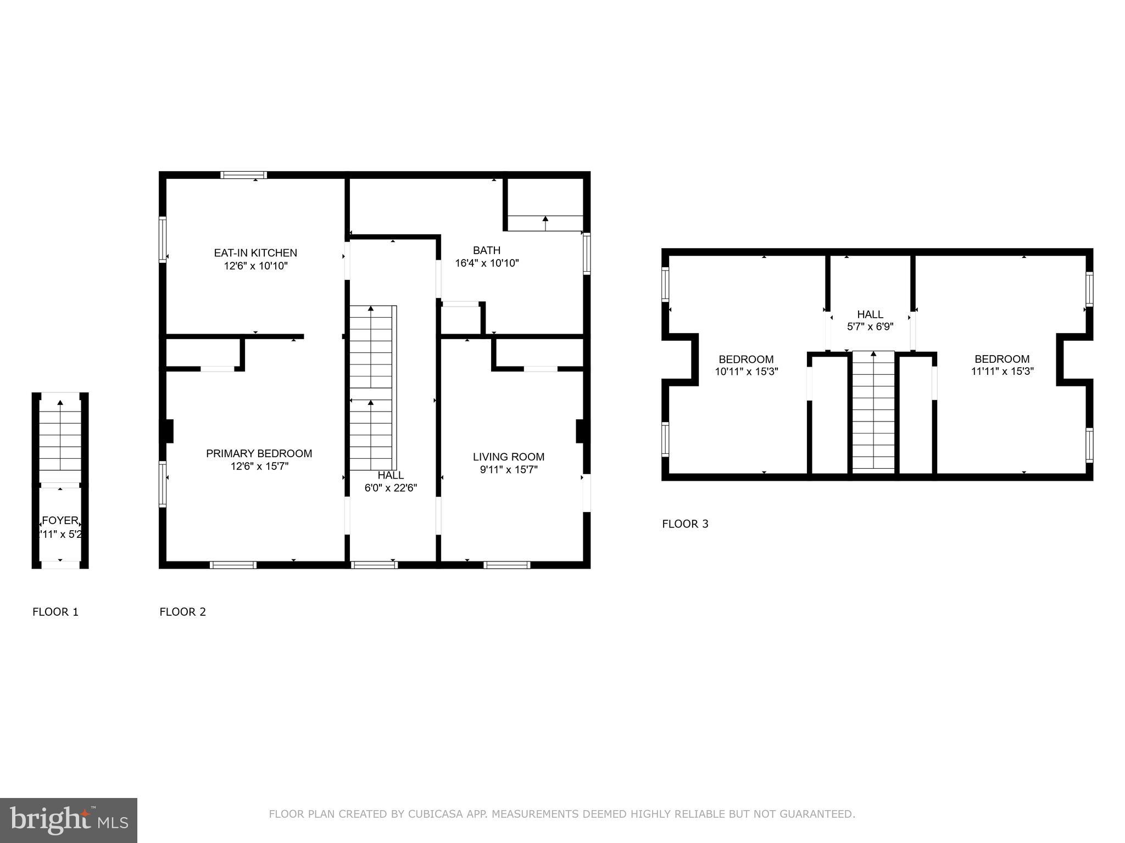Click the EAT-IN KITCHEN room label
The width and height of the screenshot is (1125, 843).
tap(255, 253)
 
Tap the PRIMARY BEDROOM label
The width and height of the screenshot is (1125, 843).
tap(259, 453)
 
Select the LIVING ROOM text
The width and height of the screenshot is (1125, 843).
tap(509, 457)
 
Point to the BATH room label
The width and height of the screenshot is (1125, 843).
tap(487, 250)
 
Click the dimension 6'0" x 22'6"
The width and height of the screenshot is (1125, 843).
tap(391, 488)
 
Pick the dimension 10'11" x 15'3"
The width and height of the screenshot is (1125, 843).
tap(746, 372)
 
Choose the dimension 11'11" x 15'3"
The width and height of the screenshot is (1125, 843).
tap(1002, 372)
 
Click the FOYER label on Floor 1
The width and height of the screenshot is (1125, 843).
tap(60, 521)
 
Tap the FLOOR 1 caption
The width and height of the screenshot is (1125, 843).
tap(55, 612)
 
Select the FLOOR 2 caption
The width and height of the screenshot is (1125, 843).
tap(182, 612)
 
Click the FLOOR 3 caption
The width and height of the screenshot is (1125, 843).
tap(685, 524)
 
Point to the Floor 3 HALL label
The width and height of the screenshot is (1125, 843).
tap(870, 314)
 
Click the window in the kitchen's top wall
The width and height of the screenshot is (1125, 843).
tap(244, 175)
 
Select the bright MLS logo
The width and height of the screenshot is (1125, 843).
tap(68, 820)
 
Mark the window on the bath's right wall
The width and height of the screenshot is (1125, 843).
tap(587, 254)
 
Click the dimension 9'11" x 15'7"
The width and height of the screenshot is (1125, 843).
tap(509, 470)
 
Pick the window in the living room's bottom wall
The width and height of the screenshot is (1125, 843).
tap(506, 565)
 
